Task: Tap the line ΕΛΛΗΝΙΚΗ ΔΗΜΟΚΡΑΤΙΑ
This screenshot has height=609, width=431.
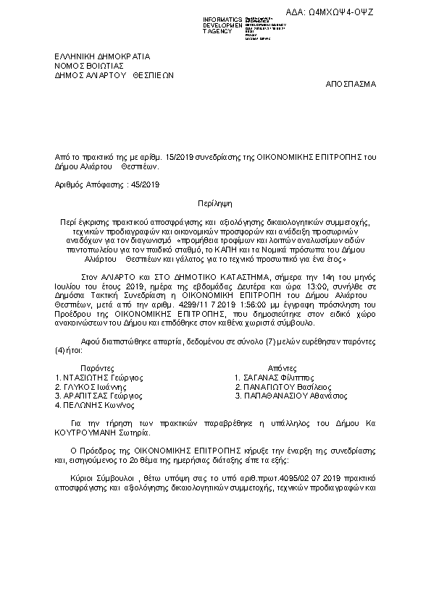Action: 101,55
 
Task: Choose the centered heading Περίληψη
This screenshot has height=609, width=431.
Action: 215,205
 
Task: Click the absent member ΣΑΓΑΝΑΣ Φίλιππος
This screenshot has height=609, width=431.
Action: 275,378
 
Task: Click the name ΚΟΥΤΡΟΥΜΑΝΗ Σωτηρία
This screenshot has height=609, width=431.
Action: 101,434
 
